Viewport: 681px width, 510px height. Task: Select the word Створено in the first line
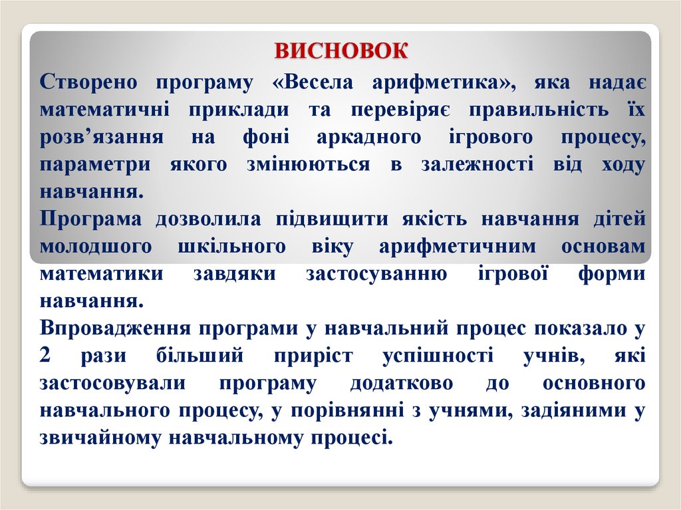point(88,82)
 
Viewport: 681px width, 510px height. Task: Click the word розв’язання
point(102,137)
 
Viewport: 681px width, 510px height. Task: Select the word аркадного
point(359,137)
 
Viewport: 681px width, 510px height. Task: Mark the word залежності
point(476,164)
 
